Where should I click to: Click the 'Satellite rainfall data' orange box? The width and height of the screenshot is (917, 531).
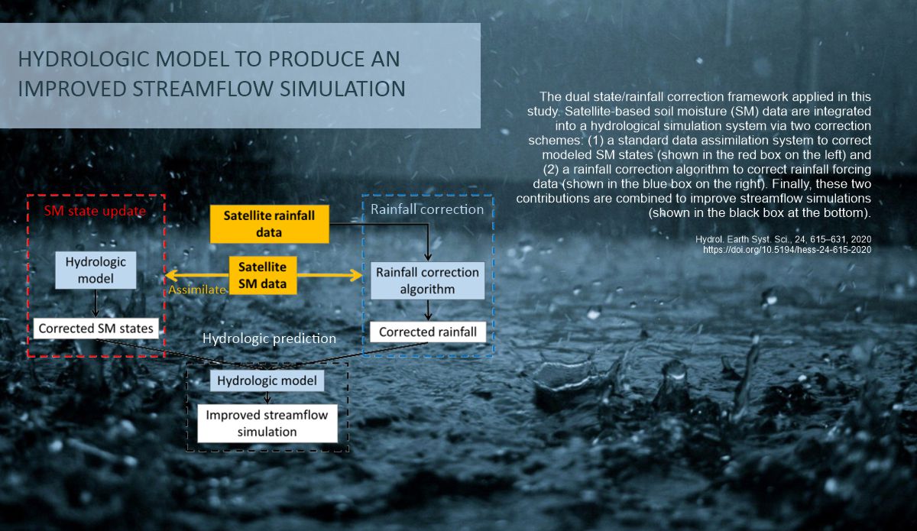269,224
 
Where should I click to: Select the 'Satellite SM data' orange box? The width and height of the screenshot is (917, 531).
262,275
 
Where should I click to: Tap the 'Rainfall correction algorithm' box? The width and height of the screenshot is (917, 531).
427,280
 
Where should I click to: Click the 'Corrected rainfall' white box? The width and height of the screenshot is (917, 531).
428,332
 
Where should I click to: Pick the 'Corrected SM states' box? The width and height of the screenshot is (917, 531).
96,329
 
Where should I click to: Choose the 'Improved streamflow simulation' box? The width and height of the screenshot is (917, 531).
267,423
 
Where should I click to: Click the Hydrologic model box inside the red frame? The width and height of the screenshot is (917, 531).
96,270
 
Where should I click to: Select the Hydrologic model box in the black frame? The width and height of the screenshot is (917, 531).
267,380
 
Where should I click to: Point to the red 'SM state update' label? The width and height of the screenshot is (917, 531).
95,211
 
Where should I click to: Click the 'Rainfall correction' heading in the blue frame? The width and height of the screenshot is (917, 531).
427,209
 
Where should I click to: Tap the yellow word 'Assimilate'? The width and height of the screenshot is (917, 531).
197,290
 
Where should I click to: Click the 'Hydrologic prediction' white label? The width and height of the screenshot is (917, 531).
269,338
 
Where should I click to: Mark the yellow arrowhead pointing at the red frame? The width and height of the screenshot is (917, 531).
172,275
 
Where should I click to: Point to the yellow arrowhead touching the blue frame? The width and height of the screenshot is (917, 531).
356,275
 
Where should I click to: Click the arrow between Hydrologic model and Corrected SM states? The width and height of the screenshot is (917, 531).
96,303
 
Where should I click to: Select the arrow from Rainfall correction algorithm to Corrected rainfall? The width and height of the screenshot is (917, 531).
428,310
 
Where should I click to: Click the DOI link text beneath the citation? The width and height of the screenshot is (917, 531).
787,250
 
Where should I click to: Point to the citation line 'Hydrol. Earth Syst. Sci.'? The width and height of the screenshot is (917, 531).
783,239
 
